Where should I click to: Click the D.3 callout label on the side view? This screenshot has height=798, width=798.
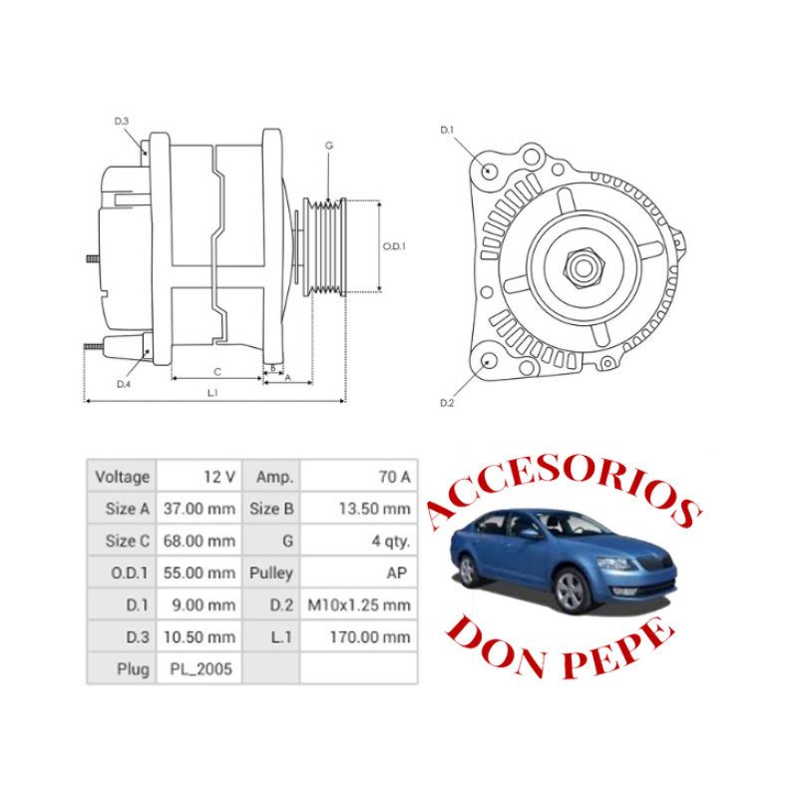122,122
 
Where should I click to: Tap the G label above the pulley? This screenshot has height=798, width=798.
329,146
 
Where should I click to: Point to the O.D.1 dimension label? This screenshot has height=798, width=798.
395,246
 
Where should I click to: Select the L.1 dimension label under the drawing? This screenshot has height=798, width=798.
212,393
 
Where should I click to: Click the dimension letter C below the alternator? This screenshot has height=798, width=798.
216,371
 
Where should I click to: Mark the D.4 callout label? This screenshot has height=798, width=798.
124,384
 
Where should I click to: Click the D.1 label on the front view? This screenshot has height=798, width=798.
448,131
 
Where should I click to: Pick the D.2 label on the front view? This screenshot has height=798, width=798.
448,403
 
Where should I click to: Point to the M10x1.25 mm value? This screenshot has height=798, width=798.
359,604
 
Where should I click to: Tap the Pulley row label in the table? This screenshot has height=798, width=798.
270,573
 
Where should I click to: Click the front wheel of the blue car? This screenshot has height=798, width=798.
570,593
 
